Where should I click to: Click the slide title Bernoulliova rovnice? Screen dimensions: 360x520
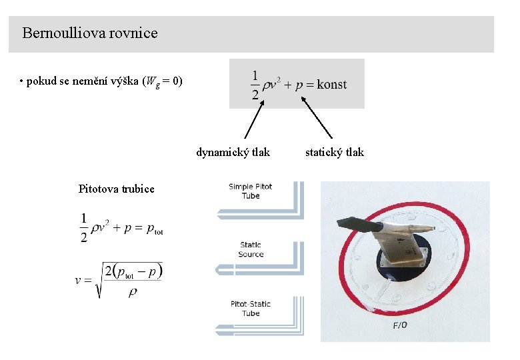(90, 33)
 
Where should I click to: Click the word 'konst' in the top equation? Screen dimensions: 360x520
(331, 84)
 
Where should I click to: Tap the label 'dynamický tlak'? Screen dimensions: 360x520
(233, 152)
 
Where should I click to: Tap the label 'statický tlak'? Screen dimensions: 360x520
(335, 152)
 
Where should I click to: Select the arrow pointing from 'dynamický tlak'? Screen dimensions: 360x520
(254, 119)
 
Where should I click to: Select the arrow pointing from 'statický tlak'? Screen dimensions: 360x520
(317, 118)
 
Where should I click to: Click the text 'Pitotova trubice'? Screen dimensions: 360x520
(116, 189)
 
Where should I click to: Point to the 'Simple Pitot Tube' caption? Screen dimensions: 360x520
(251, 191)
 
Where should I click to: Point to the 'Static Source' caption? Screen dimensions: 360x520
(251, 249)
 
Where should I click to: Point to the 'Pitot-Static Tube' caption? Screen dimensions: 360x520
(251, 308)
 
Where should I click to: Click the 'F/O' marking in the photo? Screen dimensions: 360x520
(400, 325)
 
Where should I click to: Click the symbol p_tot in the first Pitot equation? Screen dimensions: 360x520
(155, 229)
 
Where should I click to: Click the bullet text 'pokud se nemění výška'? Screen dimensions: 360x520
(100, 82)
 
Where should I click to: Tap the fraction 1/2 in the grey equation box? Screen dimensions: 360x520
(255, 85)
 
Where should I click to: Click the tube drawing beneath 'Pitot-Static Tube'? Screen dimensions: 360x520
(260, 329)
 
